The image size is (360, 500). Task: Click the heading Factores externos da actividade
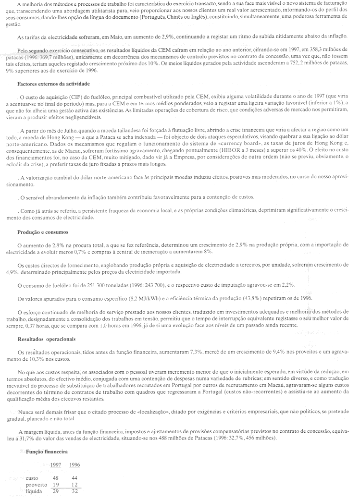click(x=52, y=84)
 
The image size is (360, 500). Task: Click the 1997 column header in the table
click(x=56, y=464)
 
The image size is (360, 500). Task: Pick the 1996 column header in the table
click(x=75, y=464)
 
